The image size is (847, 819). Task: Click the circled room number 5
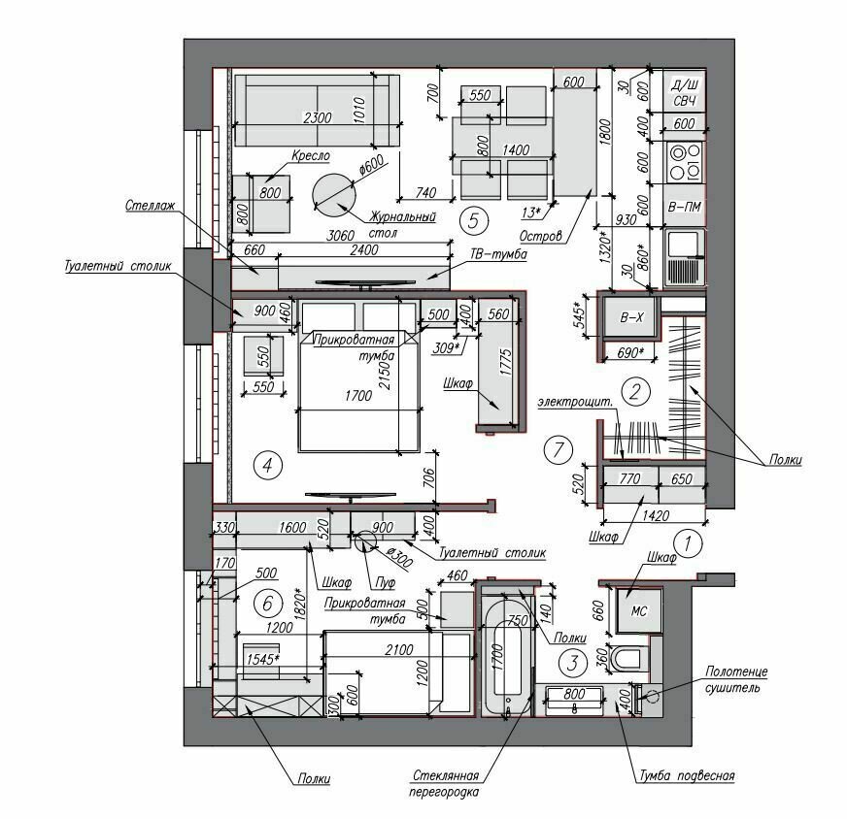(473, 220)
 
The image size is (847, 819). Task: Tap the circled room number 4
(267, 465)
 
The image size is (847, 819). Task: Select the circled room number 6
(267, 603)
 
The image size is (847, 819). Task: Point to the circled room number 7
(559, 449)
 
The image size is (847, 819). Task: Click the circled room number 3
(574, 663)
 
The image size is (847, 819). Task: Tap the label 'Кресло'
(311, 155)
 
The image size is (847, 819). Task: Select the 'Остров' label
(541, 236)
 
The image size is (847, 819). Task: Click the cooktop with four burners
(685, 162)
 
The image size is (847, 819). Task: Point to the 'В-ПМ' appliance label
(685, 207)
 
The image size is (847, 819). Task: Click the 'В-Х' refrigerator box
(631, 317)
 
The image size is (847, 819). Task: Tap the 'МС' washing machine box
(638, 610)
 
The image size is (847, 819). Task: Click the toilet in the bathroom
(628, 658)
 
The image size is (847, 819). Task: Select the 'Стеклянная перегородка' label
(445, 784)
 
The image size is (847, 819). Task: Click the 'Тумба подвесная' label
(687, 776)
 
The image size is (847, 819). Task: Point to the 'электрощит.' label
(575, 402)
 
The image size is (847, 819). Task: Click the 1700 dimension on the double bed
(358, 396)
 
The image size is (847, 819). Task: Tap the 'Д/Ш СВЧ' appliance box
(685, 93)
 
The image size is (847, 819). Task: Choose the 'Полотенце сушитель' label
(736, 680)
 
